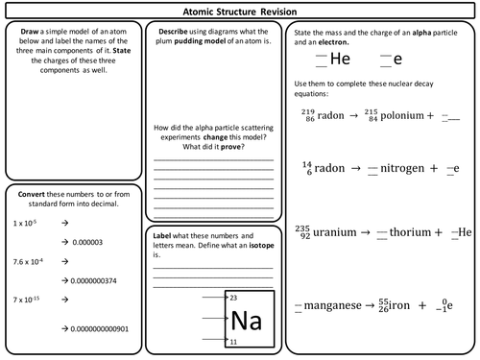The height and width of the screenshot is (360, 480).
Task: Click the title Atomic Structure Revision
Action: click(x=240, y=11)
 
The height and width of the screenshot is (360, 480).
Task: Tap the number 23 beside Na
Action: click(x=233, y=298)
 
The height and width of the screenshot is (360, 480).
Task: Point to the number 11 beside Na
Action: click(x=233, y=341)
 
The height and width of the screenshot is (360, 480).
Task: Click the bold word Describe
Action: click(x=178, y=32)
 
